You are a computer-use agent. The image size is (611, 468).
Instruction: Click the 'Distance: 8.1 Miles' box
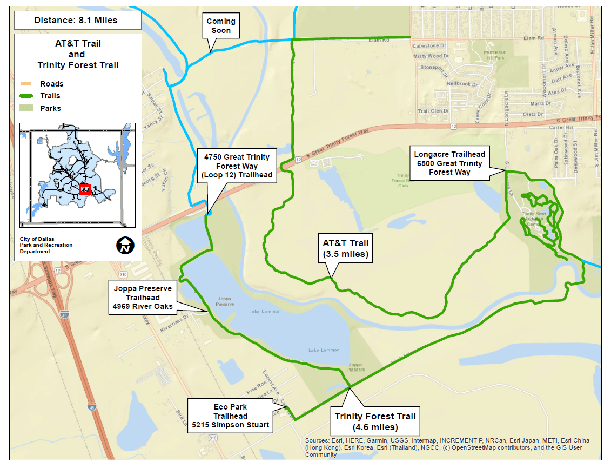76,21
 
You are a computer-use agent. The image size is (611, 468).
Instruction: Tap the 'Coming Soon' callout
221,26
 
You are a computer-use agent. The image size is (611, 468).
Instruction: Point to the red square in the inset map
84,189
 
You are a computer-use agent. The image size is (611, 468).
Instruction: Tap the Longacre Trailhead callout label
449,163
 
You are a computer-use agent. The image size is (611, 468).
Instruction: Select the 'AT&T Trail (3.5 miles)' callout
346,248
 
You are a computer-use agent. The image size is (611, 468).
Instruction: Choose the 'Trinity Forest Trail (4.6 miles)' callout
375,421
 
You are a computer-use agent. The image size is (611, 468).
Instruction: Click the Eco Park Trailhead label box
230,416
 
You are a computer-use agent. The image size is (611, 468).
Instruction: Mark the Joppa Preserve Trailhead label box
143,297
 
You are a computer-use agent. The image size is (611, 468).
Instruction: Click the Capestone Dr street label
429,46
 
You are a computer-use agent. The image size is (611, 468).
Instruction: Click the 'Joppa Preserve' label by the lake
225,301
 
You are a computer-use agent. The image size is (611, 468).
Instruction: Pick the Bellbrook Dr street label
463,84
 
